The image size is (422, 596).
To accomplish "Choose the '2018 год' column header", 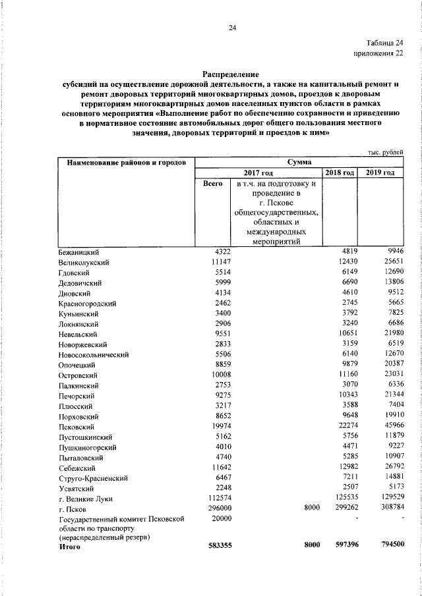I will point(340,173).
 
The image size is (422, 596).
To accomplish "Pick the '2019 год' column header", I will point(380,173).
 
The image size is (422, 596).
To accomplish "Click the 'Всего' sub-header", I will point(212,184).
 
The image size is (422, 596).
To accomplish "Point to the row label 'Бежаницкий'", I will point(78,252).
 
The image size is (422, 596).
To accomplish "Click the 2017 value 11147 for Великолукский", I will point(216,262).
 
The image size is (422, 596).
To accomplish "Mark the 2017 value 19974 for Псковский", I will point(218,427).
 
